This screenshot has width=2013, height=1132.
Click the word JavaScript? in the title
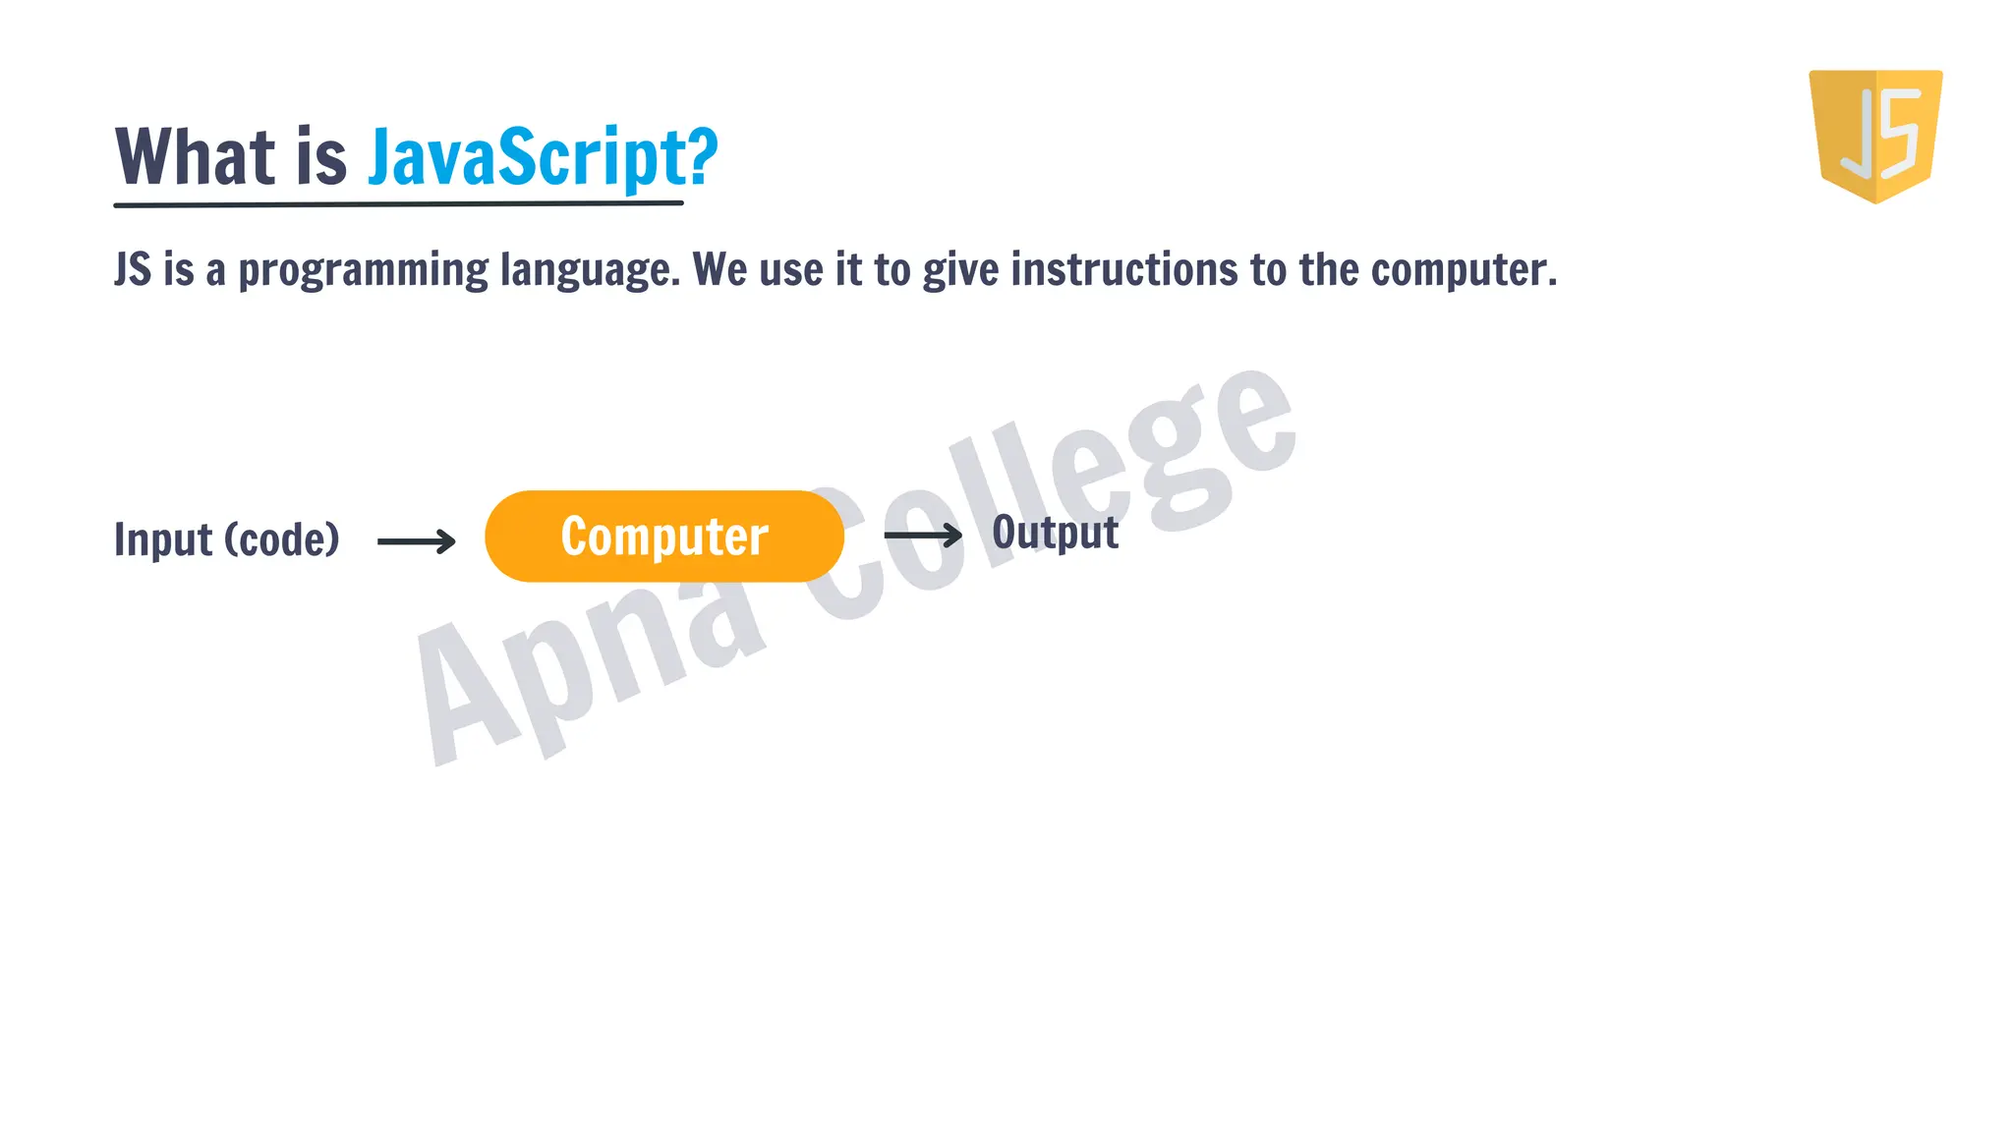tap(543, 157)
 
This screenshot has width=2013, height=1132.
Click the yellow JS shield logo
tap(1875, 136)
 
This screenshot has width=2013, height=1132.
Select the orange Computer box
tap(664, 537)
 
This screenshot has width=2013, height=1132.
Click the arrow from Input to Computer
tap(417, 540)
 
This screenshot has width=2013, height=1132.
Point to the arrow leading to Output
tap(923, 535)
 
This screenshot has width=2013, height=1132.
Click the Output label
tap(1055, 534)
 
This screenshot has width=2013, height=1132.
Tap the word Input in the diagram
tap(163, 539)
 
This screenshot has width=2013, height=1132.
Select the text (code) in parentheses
tap(282, 539)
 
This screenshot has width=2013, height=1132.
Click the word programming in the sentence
tap(363, 270)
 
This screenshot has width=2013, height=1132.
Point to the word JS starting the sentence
tap(133, 270)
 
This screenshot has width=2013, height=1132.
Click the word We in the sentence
tap(719, 270)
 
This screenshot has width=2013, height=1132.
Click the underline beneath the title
tap(398, 204)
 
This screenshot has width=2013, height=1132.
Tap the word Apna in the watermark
tap(590, 668)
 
